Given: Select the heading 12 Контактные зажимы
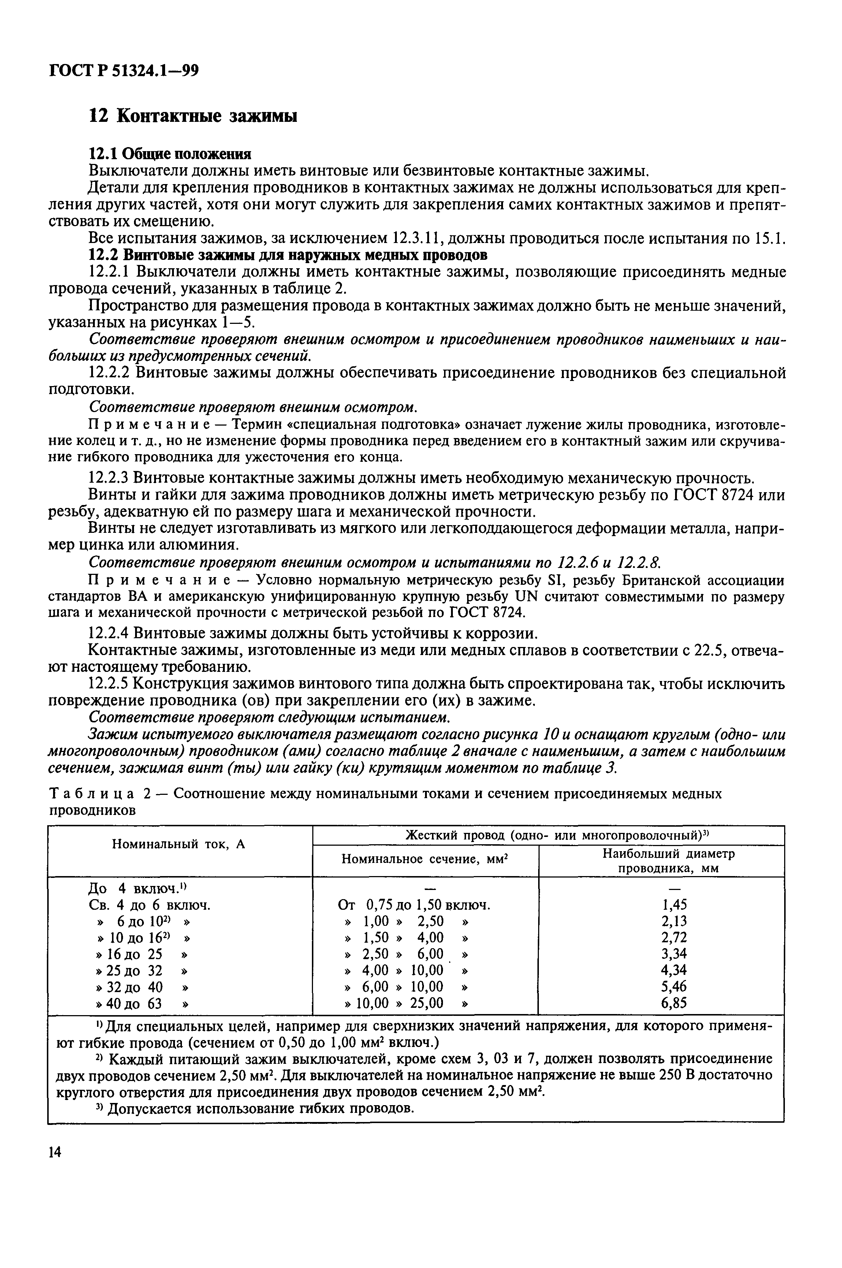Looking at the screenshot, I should tap(192, 116).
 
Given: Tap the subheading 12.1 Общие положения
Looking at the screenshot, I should tap(170, 154).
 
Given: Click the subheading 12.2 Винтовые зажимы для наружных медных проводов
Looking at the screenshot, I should tap(288, 254).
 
